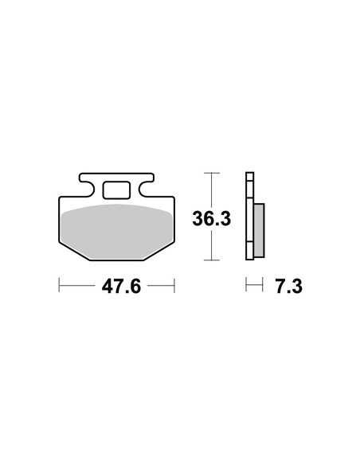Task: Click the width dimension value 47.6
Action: pos(121,287)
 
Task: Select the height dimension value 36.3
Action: pos(211,218)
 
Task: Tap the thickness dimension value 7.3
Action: pos(288,287)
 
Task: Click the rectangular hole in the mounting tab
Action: pos(116,190)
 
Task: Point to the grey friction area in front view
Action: pos(116,232)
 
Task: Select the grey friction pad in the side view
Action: pos(259,230)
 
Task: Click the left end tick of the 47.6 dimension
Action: pos(59,285)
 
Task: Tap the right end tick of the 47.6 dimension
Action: pos(174,285)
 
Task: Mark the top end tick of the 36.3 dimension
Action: pos(212,173)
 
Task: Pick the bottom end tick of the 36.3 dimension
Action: pos(212,260)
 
